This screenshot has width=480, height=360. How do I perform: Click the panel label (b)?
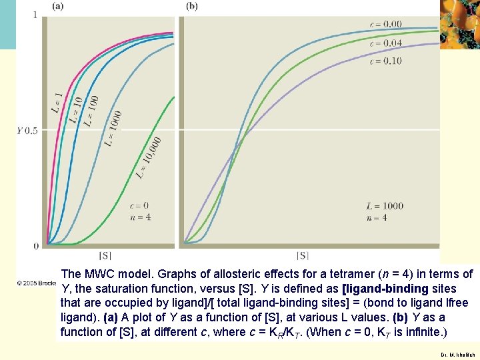click(x=192, y=6)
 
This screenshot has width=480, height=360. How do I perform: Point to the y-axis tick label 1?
click(x=35, y=15)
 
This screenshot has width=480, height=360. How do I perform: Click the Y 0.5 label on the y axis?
click(x=27, y=131)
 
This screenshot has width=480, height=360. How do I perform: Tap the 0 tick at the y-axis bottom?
click(x=35, y=246)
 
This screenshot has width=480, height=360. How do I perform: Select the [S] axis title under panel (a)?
click(x=105, y=255)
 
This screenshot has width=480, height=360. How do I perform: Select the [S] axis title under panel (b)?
click(x=303, y=255)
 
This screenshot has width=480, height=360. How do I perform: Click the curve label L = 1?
click(x=57, y=101)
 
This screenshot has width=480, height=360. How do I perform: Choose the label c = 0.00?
click(x=385, y=25)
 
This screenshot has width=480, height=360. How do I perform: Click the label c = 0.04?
click(x=385, y=43)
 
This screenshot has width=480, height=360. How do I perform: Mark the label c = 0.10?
click(x=385, y=61)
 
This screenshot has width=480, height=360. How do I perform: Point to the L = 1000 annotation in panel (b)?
click(x=385, y=205)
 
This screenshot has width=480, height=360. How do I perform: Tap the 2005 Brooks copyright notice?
click(x=37, y=283)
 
